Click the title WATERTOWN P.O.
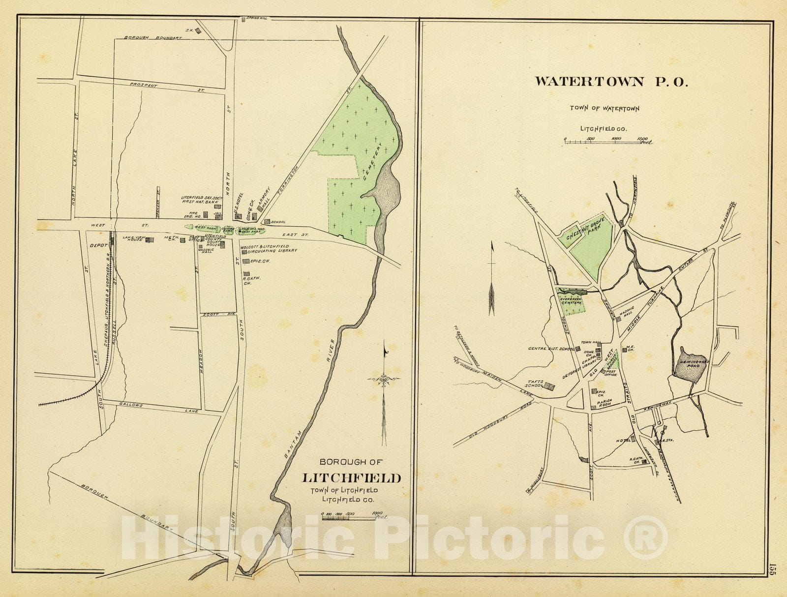(x=611, y=82)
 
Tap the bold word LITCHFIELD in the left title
(x=351, y=478)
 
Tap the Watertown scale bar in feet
(x=607, y=142)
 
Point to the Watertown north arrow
(x=491, y=280)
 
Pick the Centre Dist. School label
(x=551, y=349)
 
